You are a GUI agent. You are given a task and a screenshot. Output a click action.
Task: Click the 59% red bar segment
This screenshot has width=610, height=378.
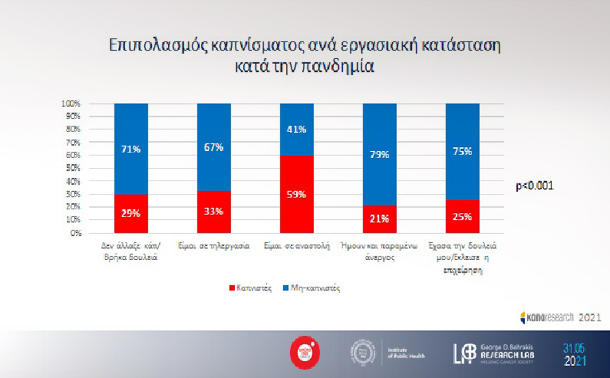(297, 194)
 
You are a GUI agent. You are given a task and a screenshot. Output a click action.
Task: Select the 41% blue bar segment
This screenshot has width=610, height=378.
(297, 129)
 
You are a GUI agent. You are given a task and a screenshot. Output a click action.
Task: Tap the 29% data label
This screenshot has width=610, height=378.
(131, 212)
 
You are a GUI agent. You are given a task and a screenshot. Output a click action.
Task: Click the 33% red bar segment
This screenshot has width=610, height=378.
(214, 211)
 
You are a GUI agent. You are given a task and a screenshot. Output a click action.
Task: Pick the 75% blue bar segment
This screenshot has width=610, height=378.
(462, 151)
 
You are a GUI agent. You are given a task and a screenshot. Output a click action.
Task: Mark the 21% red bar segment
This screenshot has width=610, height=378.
(379, 219)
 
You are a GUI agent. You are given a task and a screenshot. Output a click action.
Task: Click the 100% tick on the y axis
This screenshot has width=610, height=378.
(72, 104)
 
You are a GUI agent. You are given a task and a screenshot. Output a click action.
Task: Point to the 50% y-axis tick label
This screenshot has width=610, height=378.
(74, 168)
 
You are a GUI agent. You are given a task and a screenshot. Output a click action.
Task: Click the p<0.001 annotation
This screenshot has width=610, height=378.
(535, 186)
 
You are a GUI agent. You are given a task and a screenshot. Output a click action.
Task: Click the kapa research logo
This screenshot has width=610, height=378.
(547, 318)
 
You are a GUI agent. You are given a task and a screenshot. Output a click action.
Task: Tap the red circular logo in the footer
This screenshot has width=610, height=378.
(306, 351)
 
